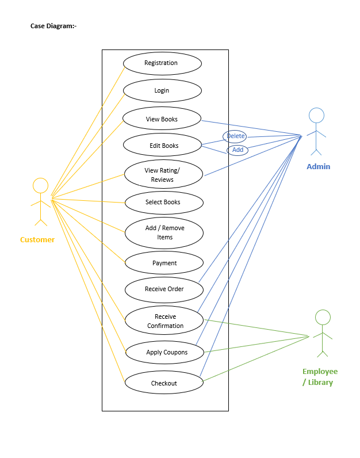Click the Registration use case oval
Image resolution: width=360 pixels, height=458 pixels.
162,63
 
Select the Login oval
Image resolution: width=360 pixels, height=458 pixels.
162,91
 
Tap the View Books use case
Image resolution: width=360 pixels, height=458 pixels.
162,119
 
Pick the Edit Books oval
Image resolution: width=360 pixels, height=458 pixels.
164,146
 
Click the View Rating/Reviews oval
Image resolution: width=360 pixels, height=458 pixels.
163,174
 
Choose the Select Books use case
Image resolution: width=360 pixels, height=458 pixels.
164,203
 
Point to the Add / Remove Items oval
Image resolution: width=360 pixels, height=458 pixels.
164,232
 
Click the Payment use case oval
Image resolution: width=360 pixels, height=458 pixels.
164,263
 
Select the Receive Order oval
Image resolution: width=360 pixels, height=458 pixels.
164,289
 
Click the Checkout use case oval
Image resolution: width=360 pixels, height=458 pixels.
164,383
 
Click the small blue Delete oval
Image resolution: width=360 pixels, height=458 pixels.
235,136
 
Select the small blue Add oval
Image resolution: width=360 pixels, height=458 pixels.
238,150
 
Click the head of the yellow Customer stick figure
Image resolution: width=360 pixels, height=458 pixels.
40,185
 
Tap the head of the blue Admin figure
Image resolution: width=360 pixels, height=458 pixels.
316,115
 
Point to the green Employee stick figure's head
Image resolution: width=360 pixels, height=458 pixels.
323,317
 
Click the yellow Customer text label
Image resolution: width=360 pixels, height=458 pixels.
37,240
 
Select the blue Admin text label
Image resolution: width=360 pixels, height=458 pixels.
318,167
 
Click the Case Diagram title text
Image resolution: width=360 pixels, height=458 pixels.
53,26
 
